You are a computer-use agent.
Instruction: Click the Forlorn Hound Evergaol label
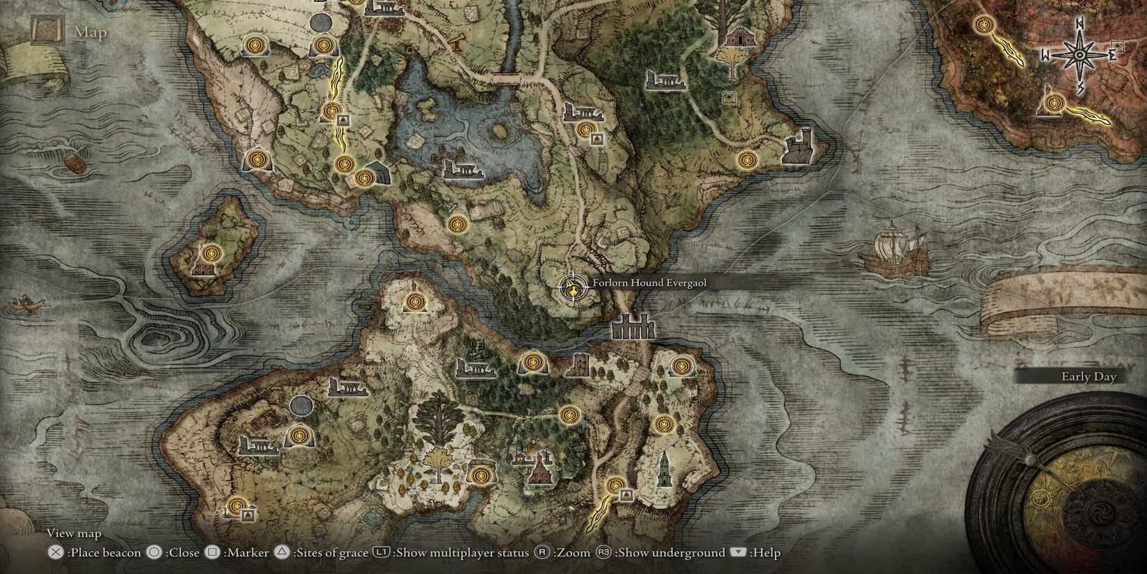(649, 282)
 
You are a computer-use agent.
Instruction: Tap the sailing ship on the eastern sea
(894, 251)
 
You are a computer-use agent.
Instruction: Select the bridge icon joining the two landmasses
(633, 326)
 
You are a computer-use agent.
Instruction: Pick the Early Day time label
(1088, 376)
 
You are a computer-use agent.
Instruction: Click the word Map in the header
(90, 32)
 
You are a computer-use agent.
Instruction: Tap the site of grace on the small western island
(211, 252)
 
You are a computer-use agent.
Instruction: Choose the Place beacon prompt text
(104, 552)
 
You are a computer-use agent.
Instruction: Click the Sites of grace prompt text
(331, 552)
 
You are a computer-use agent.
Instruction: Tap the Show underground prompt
(670, 552)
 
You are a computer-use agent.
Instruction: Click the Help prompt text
(766, 552)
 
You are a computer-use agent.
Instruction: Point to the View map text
(74, 533)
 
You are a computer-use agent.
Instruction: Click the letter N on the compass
(1080, 24)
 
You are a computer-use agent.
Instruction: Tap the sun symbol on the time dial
(1040, 498)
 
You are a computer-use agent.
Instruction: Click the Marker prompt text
(248, 552)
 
